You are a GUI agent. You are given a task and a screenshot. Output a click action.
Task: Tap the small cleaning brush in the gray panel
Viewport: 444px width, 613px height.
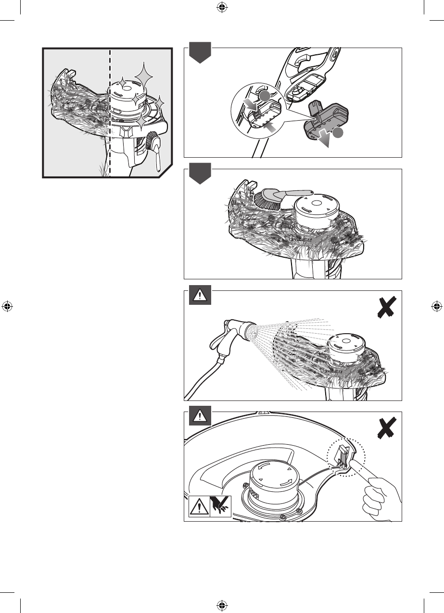pos(153,146)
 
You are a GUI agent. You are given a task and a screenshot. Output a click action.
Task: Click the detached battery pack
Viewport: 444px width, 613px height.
pos(326,118)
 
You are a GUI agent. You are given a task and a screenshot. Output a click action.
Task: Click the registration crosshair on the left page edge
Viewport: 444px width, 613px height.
pos(7,306)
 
